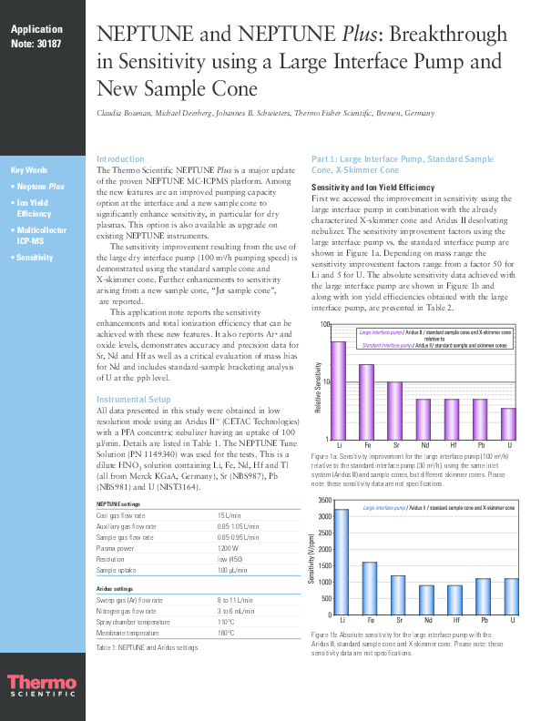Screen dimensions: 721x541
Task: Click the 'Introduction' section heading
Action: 120,158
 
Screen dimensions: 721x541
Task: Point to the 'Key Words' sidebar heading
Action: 29,170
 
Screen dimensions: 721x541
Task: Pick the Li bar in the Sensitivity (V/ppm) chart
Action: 341,561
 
